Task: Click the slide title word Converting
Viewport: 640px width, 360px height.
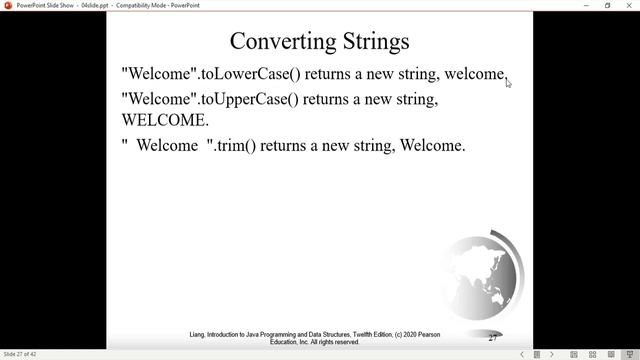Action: [x=275, y=41]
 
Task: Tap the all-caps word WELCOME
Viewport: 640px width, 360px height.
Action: [x=165, y=120]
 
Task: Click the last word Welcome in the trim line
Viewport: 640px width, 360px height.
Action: [x=433, y=146]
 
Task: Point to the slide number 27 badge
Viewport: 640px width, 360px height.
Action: [x=494, y=337]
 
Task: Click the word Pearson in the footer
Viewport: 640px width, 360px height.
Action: [x=425, y=334]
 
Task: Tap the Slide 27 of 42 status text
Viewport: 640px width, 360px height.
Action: [x=20, y=354]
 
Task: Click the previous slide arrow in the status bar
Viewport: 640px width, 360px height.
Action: [x=521, y=354]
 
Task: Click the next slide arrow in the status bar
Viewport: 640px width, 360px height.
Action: [x=551, y=354]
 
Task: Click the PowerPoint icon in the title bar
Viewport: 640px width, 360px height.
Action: [x=7, y=5]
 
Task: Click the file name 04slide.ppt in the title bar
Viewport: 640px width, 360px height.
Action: [x=97, y=5]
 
